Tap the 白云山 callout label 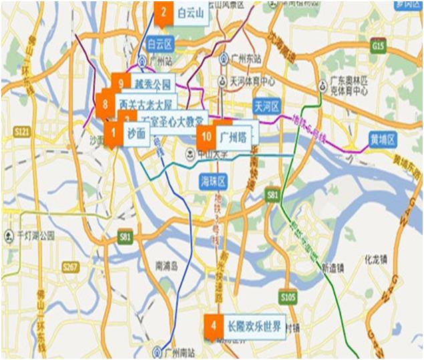click(x=190, y=13)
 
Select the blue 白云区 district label click(x=160, y=44)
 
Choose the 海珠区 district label click(x=214, y=181)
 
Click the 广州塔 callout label click(x=233, y=136)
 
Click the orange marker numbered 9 click(x=121, y=83)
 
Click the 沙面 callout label click(x=136, y=133)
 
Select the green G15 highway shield click(x=379, y=46)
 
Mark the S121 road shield click(x=22, y=134)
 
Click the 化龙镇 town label click(x=379, y=258)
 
